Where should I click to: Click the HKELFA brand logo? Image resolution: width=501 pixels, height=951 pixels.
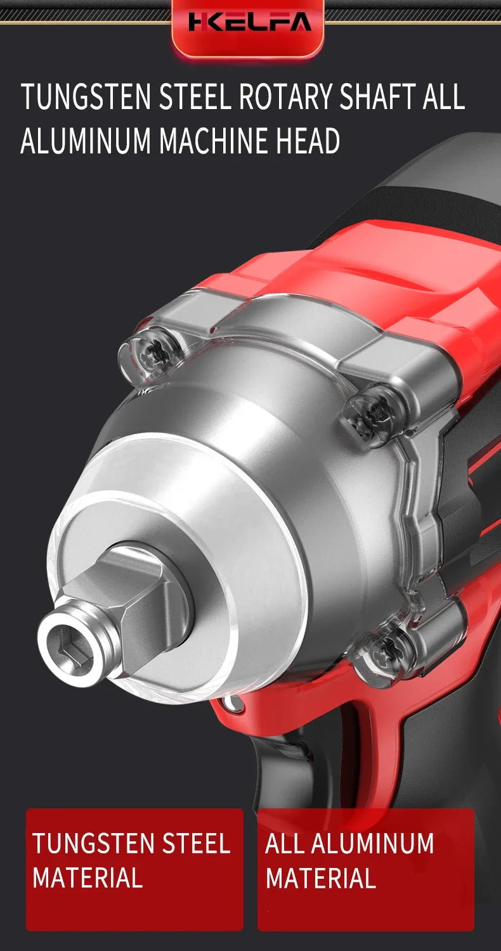pyautogui.click(x=250, y=22)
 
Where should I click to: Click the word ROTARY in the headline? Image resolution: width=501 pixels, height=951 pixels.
pyautogui.click(x=285, y=97)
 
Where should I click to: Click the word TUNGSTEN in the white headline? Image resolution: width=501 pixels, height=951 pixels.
pyautogui.click(x=86, y=97)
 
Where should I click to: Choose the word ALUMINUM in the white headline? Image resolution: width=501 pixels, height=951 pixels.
pyautogui.click(x=86, y=140)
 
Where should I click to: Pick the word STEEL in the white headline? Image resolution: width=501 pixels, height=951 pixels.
pyautogui.click(x=195, y=97)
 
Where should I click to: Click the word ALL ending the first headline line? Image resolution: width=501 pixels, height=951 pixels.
pyautogui.click(x=443, y=97)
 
